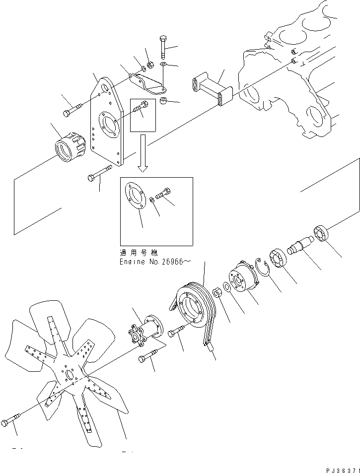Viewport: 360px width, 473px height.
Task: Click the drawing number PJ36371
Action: point(337,468)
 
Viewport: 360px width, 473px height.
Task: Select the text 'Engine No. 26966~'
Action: point(153,261)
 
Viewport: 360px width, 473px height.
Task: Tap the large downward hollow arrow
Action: point(143,154)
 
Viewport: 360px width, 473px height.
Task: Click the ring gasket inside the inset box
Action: point(135,197)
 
